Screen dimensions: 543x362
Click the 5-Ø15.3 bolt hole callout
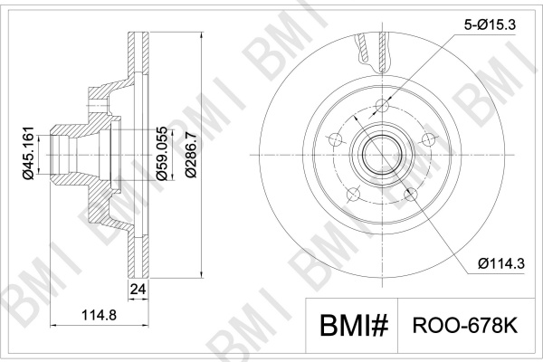coord(490,24)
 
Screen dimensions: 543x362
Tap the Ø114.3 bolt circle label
coord(501,264)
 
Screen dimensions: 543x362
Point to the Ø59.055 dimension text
coord(162,154)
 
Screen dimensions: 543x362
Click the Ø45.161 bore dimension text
coord(28,153)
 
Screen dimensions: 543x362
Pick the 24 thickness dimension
coord(138,289)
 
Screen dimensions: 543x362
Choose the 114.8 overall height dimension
coord(99,315)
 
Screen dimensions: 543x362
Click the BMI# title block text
coord(354,326)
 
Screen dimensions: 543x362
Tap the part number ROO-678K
coord(465,326)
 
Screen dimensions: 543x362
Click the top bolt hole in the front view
coord(382,105)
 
